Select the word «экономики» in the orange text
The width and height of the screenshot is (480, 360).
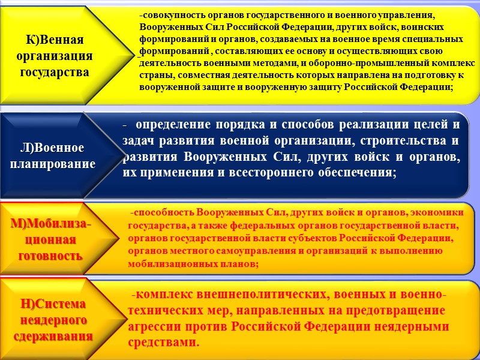point(437,212)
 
